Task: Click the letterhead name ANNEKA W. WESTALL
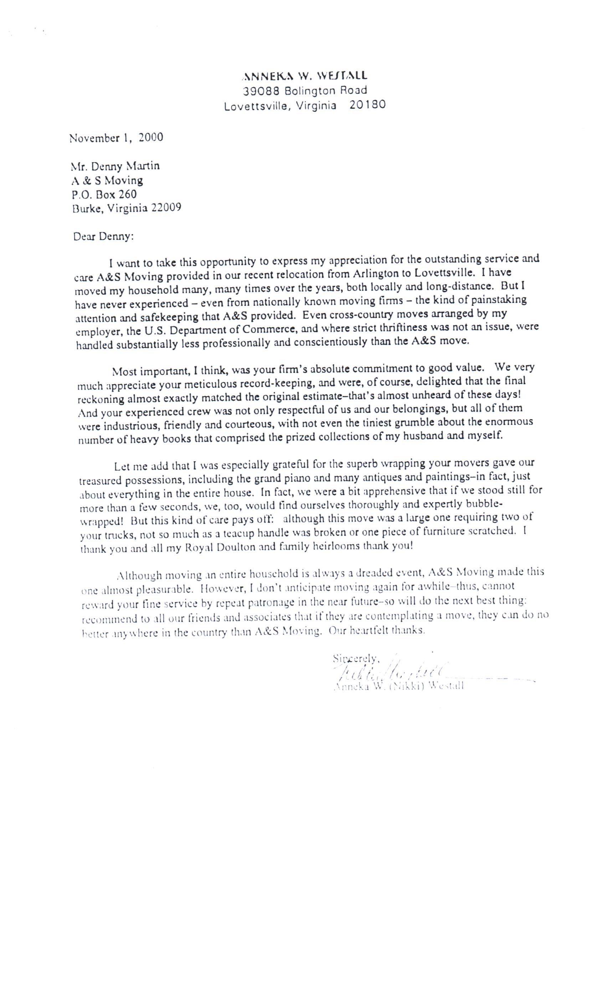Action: [305, 75]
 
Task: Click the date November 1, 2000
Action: [116, 138]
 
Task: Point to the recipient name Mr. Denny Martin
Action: [115, 166]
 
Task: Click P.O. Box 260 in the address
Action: [104, 194]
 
